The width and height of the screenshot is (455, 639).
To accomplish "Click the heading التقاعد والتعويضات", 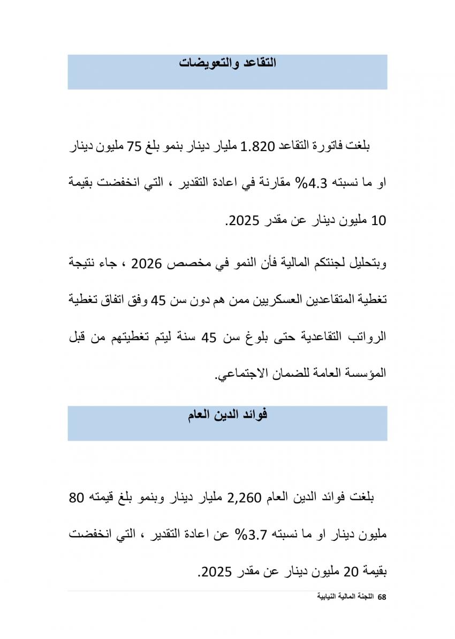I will point(227,62).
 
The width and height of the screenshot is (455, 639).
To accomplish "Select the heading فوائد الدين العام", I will point(227,415).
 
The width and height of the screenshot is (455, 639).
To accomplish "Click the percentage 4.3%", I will point(304,183).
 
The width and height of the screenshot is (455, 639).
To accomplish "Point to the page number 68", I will point(382,597).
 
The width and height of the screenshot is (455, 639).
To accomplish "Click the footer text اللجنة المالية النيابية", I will point(346,597).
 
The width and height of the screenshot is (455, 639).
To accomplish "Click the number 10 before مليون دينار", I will point(378,220).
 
